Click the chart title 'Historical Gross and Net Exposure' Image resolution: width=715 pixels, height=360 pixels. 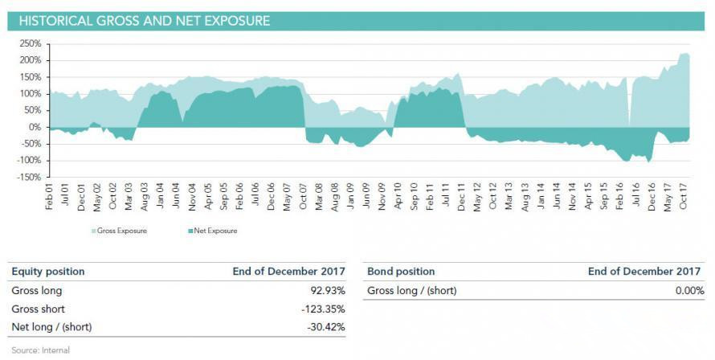[x=144, y=21]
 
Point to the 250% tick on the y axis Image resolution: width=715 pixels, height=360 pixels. [x=30, y=43]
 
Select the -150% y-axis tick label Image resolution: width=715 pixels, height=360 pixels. [x=28, y=178]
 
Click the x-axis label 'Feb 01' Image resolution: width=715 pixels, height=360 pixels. [x=50, y=197]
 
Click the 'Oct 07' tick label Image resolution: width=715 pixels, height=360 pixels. [x=303, y=197]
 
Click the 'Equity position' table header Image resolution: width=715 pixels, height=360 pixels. [x=47, y=272]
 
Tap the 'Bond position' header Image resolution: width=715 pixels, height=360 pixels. [x=400, y=272]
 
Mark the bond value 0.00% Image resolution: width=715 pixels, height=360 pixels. [x=688, y=290]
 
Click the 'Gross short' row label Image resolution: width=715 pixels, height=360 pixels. [x=38, y=309]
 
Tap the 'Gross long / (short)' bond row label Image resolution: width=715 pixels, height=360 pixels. [x=411, y=290]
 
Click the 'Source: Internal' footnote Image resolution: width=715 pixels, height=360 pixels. [x=40, y=350]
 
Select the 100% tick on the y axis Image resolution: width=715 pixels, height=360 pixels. [x=30, y=93]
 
